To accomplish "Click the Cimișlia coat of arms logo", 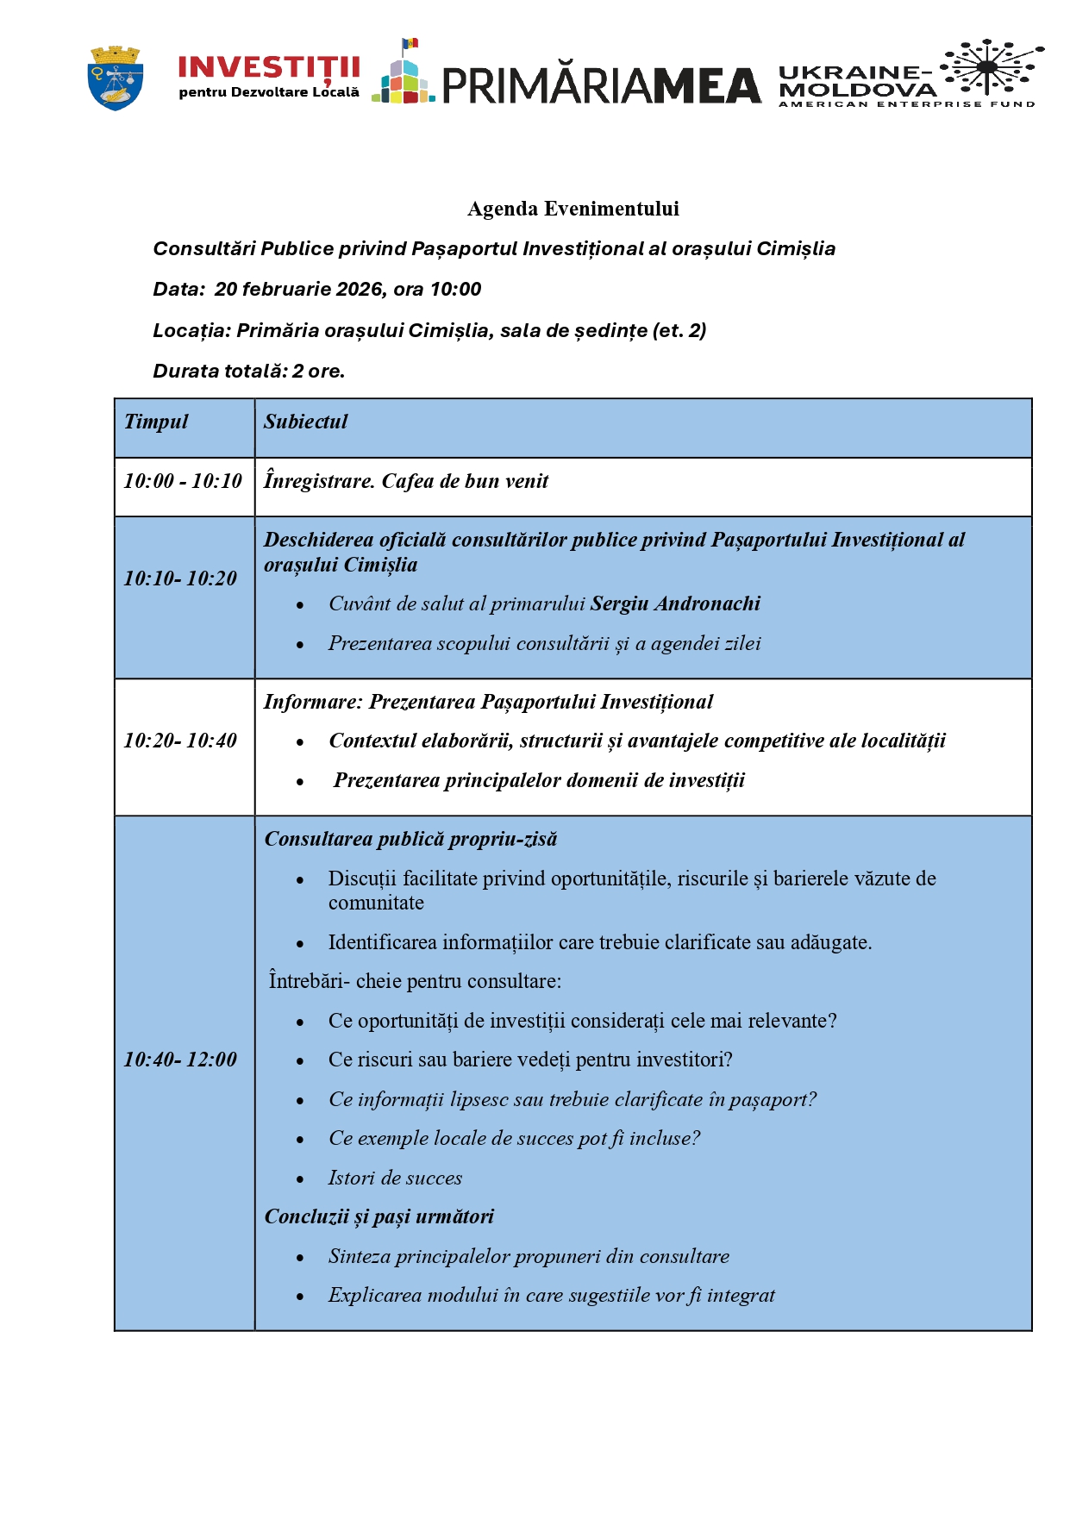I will click(x=116, y=78).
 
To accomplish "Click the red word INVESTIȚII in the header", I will click(x=268, y=67).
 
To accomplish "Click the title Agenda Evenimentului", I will click(x=573, y=209).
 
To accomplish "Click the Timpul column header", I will click(x=156, y=422).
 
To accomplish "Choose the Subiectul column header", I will click(x=305, y=422).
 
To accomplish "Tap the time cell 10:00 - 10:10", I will click(x=183, y=481).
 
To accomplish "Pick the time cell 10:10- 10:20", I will click(x=180, y=578).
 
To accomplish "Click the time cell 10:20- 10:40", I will click(x=180, y=741).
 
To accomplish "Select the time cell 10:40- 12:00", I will click(x=180, y=1060).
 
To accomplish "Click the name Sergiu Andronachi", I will click(x=675, y=603).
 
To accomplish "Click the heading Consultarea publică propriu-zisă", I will click(x=410, y=839).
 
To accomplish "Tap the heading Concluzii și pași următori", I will click(x=379, y=1216).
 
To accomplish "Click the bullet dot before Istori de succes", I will click(x=300, y=1179).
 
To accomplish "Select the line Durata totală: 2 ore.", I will click(x=249, y=372).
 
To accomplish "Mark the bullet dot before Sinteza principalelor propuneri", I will click(x=300, y=1258).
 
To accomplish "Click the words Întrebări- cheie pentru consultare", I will click(x=415, y=981).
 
